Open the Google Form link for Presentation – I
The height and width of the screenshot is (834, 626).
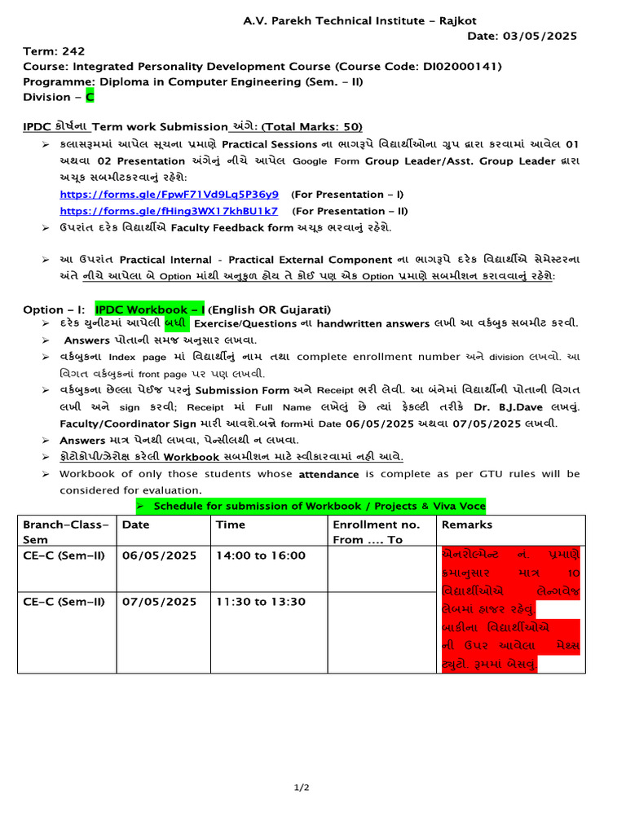[170, 195]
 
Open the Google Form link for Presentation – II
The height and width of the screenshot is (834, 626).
[169, 211]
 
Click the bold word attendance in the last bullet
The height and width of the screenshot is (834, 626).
[328, 473]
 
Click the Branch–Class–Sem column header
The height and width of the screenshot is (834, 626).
[65, 532]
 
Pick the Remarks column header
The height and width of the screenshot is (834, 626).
[466, 525]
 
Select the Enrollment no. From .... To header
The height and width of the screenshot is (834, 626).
[376, 532]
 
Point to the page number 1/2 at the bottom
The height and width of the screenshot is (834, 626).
[302, 788]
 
